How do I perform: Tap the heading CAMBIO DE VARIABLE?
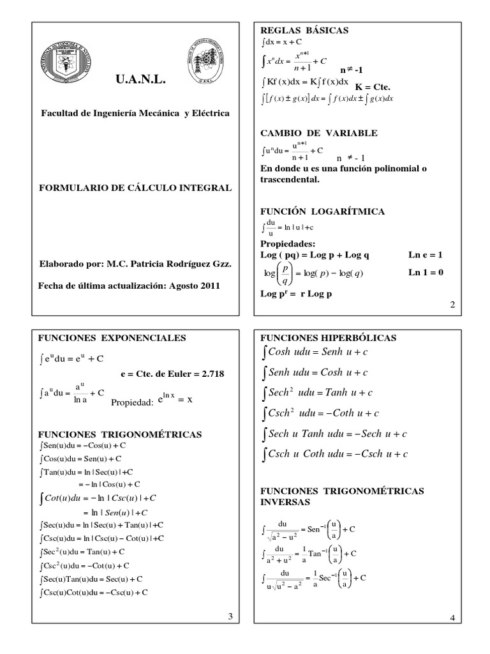point(319,133)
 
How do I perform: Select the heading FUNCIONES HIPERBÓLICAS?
point(328,337)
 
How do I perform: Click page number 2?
point(452,305)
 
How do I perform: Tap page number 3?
point(230,616)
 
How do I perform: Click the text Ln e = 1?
point(426,255)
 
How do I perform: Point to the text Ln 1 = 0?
point(426,273)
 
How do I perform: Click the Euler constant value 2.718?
point(212,374)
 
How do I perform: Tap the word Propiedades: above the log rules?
point(288,244)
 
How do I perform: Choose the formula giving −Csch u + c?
point(335,454)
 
